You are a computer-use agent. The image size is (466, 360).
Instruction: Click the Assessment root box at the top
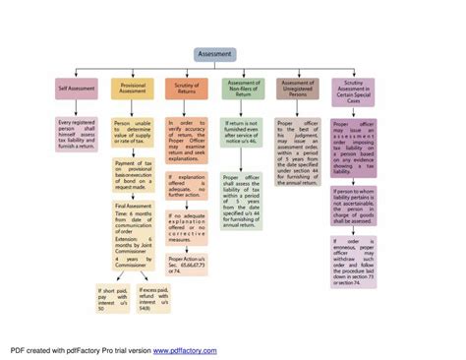(x=214, y=54)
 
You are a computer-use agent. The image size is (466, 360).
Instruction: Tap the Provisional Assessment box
(x=133, y=89)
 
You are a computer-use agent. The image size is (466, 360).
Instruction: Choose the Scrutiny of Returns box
(x=187, y=89)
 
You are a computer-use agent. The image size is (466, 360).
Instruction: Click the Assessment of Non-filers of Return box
(x=242, y=89)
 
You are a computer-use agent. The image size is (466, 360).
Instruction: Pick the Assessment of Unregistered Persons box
(x=297, y=89)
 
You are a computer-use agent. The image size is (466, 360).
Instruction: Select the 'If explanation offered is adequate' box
(x=187, y=184)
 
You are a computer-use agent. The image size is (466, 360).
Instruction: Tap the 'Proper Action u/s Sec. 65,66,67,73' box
(x=187, y=261)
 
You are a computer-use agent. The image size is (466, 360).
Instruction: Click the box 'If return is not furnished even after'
(x=242, y=127)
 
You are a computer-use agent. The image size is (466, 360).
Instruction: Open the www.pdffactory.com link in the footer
(x=184, y=349)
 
